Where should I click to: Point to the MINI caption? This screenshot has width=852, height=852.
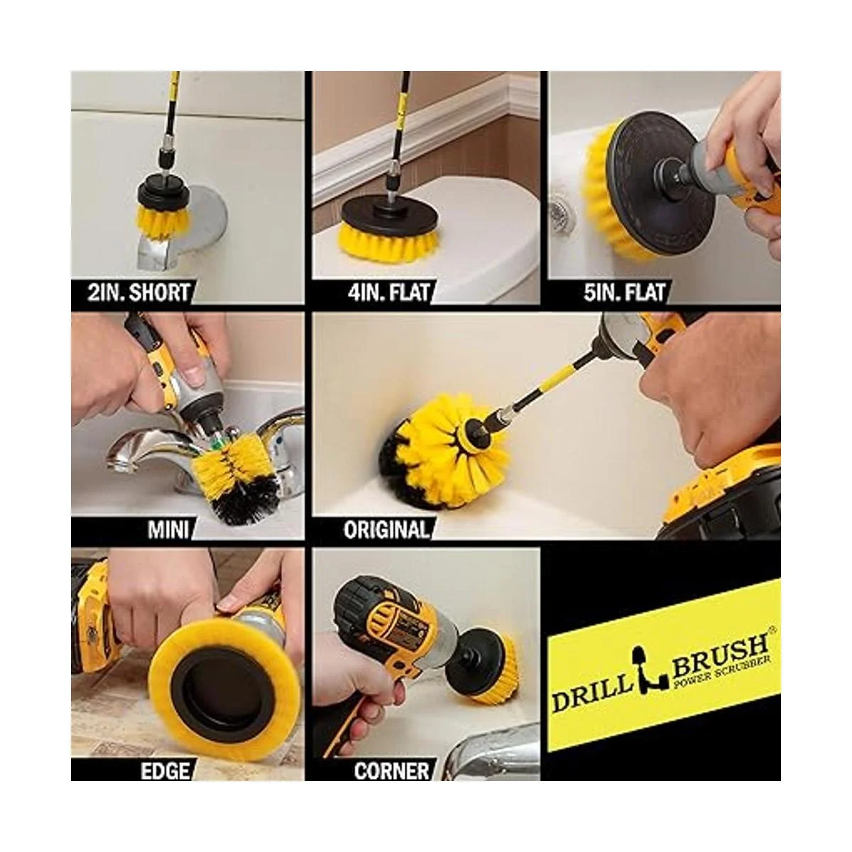point(168,529)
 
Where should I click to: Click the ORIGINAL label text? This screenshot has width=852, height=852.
point(386,529)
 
